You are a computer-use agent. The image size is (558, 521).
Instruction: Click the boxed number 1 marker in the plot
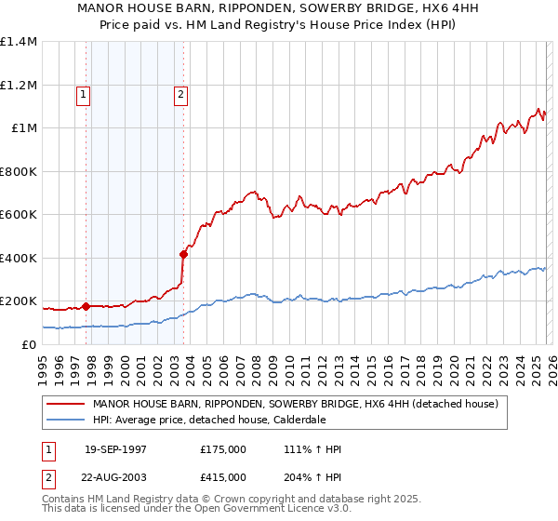point(84,93)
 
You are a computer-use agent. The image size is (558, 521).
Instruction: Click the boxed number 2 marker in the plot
point(179,93)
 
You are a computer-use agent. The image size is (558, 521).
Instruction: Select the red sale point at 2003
point(184,254)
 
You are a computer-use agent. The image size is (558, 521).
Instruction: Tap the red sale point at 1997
point(86,306)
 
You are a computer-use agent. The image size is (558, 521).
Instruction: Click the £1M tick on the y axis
point(24,128)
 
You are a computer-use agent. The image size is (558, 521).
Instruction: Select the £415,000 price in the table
point(223,475)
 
